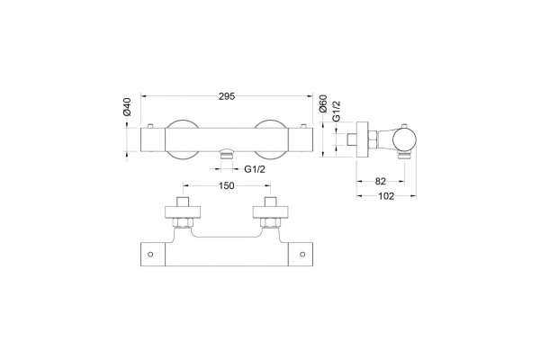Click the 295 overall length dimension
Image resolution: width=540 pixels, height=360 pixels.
[x=227, y=96]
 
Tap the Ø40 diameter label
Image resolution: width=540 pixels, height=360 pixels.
[x=127, y=106]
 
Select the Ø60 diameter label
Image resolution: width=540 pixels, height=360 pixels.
[x=323, y=103]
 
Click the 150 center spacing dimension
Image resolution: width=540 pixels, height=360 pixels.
[x=227, y=185]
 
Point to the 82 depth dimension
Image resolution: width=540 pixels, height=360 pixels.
[x=380, y=181]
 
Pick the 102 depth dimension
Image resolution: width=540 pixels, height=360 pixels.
[x=386, y=196]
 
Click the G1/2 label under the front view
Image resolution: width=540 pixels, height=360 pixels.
[x=255, y=169]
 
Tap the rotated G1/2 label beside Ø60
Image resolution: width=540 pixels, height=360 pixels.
[x=336, y=111]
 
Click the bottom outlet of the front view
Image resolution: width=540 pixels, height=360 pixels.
[x=227, y=153]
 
